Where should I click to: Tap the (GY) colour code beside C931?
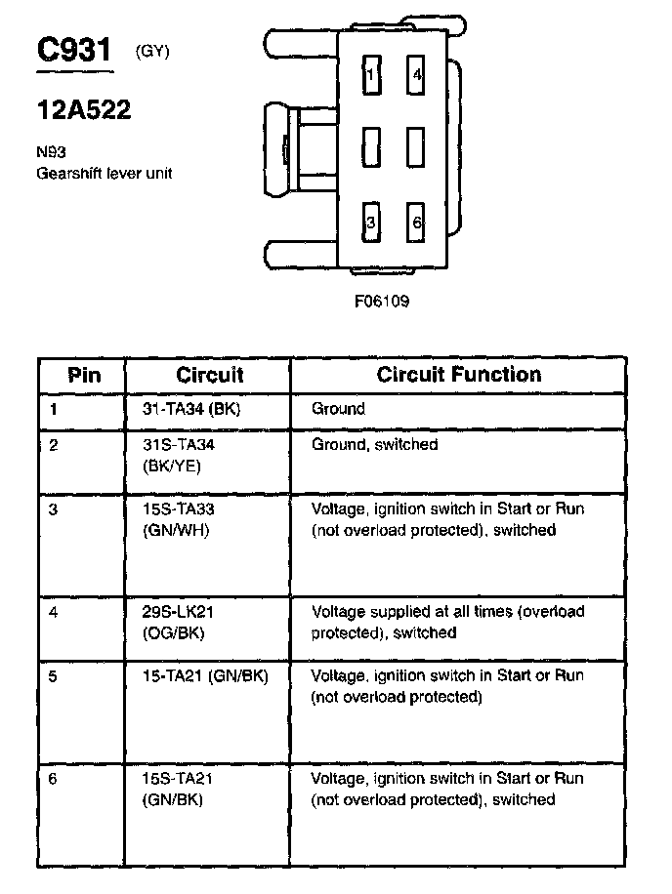tap(153, 52)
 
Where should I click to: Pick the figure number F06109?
tap(382, 302)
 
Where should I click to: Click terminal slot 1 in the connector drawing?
tap(370, 74)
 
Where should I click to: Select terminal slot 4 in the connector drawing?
tap(417, 74)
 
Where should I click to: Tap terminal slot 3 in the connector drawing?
tap(370, 223)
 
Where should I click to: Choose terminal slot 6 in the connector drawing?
tap(417, 223)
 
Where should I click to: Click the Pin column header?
tap(84, 375)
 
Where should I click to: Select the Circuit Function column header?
tap(458, 375)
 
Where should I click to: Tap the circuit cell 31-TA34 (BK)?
tap(185, 409)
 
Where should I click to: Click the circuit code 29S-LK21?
tap(171, 612)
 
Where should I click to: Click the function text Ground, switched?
tap(374, 444)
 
